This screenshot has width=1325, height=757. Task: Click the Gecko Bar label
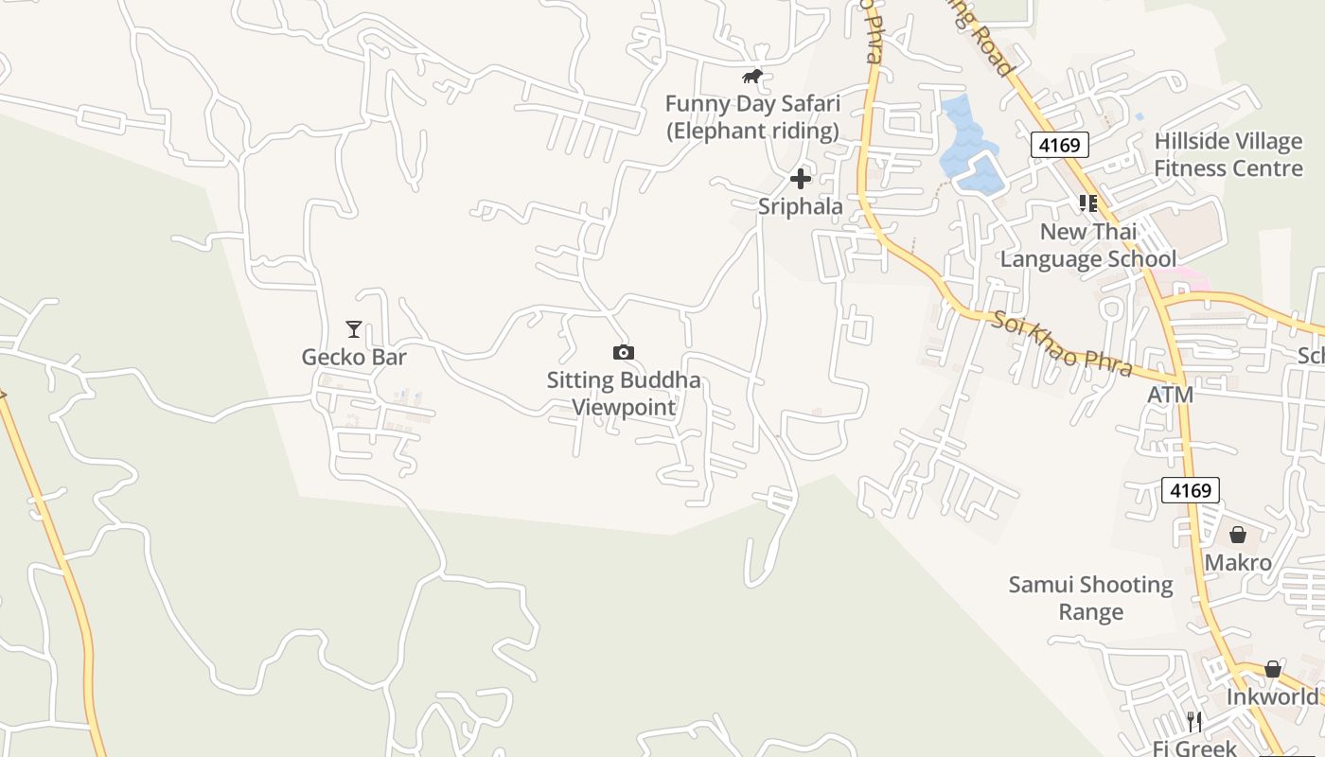click(x=354, y=357)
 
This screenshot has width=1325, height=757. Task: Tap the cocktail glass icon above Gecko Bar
click(x=354, y=329)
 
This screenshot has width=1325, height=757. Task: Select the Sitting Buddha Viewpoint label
click(x=624, y=394)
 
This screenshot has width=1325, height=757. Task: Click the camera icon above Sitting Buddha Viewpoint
click(x=623, y=353)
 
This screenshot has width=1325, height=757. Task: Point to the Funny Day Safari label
click(x=752, y=117)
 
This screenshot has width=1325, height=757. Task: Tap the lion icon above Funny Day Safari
click(x=752, y=77)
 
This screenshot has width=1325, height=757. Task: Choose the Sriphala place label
click(x=801, y=206)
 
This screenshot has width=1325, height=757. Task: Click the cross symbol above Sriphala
click(x=801, y=178)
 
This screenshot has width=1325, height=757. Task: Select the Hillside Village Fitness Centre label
click(x=1228, y=155)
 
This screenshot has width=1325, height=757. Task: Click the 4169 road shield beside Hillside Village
click(x=1060, y=145)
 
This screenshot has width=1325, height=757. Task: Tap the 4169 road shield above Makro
click(x=1190, y=490)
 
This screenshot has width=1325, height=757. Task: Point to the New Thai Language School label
click(x=1088, y=245)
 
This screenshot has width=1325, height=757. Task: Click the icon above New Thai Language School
click(x=1088, y=202)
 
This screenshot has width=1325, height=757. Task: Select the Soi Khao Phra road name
click(x=1062, y=343)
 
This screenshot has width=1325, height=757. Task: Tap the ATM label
click(x=1170, y=395)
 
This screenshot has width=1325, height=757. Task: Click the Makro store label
click(x=1238, y=563)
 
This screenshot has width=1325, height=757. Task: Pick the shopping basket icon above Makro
click(x=1238, y=536)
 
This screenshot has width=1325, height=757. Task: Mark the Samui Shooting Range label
click(x=1091, y=598)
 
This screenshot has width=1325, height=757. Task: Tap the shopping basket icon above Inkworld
click(x=1273, y=670)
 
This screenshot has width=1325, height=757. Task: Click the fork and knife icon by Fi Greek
click(x=1194, y=722)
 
